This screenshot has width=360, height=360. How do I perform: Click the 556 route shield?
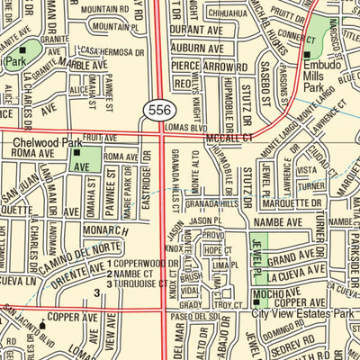pyautogui.click(x=154, y=110)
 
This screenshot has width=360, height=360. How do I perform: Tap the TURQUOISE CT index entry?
pyautogui.click(x=140, y=283)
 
